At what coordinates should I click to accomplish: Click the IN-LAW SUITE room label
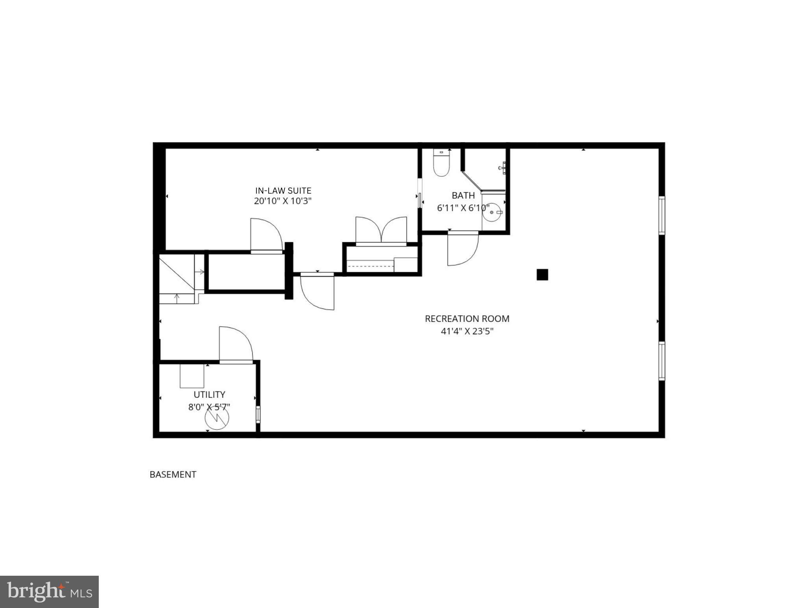click(x=283, y=190)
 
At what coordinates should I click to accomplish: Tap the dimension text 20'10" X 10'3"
click(x=283, y=201)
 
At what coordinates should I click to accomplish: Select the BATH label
click(x=463, y=195)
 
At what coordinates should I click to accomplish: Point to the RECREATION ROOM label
click(x=467, y=319)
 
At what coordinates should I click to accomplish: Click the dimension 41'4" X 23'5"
click(x=467, y=331)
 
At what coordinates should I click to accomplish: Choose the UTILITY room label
click(x=209, y=394)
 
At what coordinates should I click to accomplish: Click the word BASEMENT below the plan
click(x=173, y=475)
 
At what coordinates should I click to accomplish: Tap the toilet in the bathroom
click(x=441, y=163)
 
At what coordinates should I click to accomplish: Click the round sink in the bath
click(x=492, y=213)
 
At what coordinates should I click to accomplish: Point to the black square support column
click(x=542, y=275)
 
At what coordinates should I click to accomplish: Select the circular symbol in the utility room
click(x=217, y=418)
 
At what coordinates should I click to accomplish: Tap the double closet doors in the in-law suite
click(x=381, y=230)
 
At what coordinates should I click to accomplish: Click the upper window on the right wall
click(x=661, y=215)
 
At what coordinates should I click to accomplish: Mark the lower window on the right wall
click(x=661, y=361)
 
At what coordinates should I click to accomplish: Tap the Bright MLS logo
click(x=49, y=592)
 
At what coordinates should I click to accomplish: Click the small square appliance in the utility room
click(x=192, y=376)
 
